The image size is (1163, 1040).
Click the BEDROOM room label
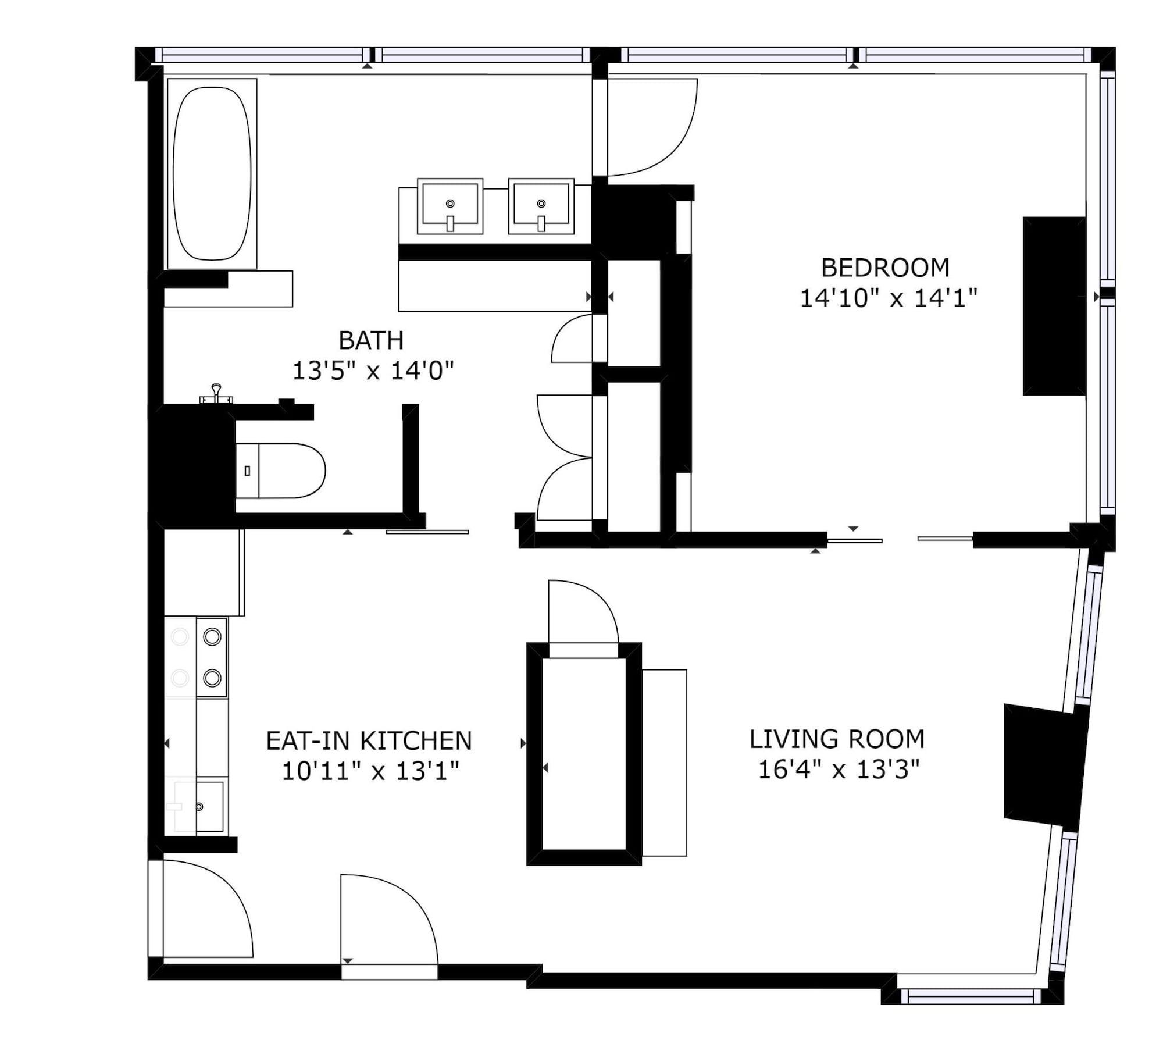(x=885, y=268)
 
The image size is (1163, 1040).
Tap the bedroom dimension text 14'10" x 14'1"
(x=888, y=298)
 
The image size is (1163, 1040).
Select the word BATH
(x=371, y=341)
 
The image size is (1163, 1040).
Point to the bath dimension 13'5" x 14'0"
(x=372, y=371)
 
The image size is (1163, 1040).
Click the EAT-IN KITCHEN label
(x=369, y=741)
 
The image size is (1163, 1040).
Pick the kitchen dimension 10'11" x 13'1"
(x=370, y=771)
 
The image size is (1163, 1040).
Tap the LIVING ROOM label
(x=837, y=739)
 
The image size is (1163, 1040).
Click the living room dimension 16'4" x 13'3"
(x=839, y=770)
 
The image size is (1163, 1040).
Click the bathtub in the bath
(x=212, y=173)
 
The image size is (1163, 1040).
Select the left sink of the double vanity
(x=450, y=206)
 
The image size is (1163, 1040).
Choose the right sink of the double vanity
(x=541, y=206)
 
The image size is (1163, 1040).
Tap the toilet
(x=282, y=471)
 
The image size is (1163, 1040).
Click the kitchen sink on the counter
(x=201, y=806)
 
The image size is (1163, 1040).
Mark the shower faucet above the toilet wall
(x=216, y=395)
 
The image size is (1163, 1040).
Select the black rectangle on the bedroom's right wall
(x=1054, y=306)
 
